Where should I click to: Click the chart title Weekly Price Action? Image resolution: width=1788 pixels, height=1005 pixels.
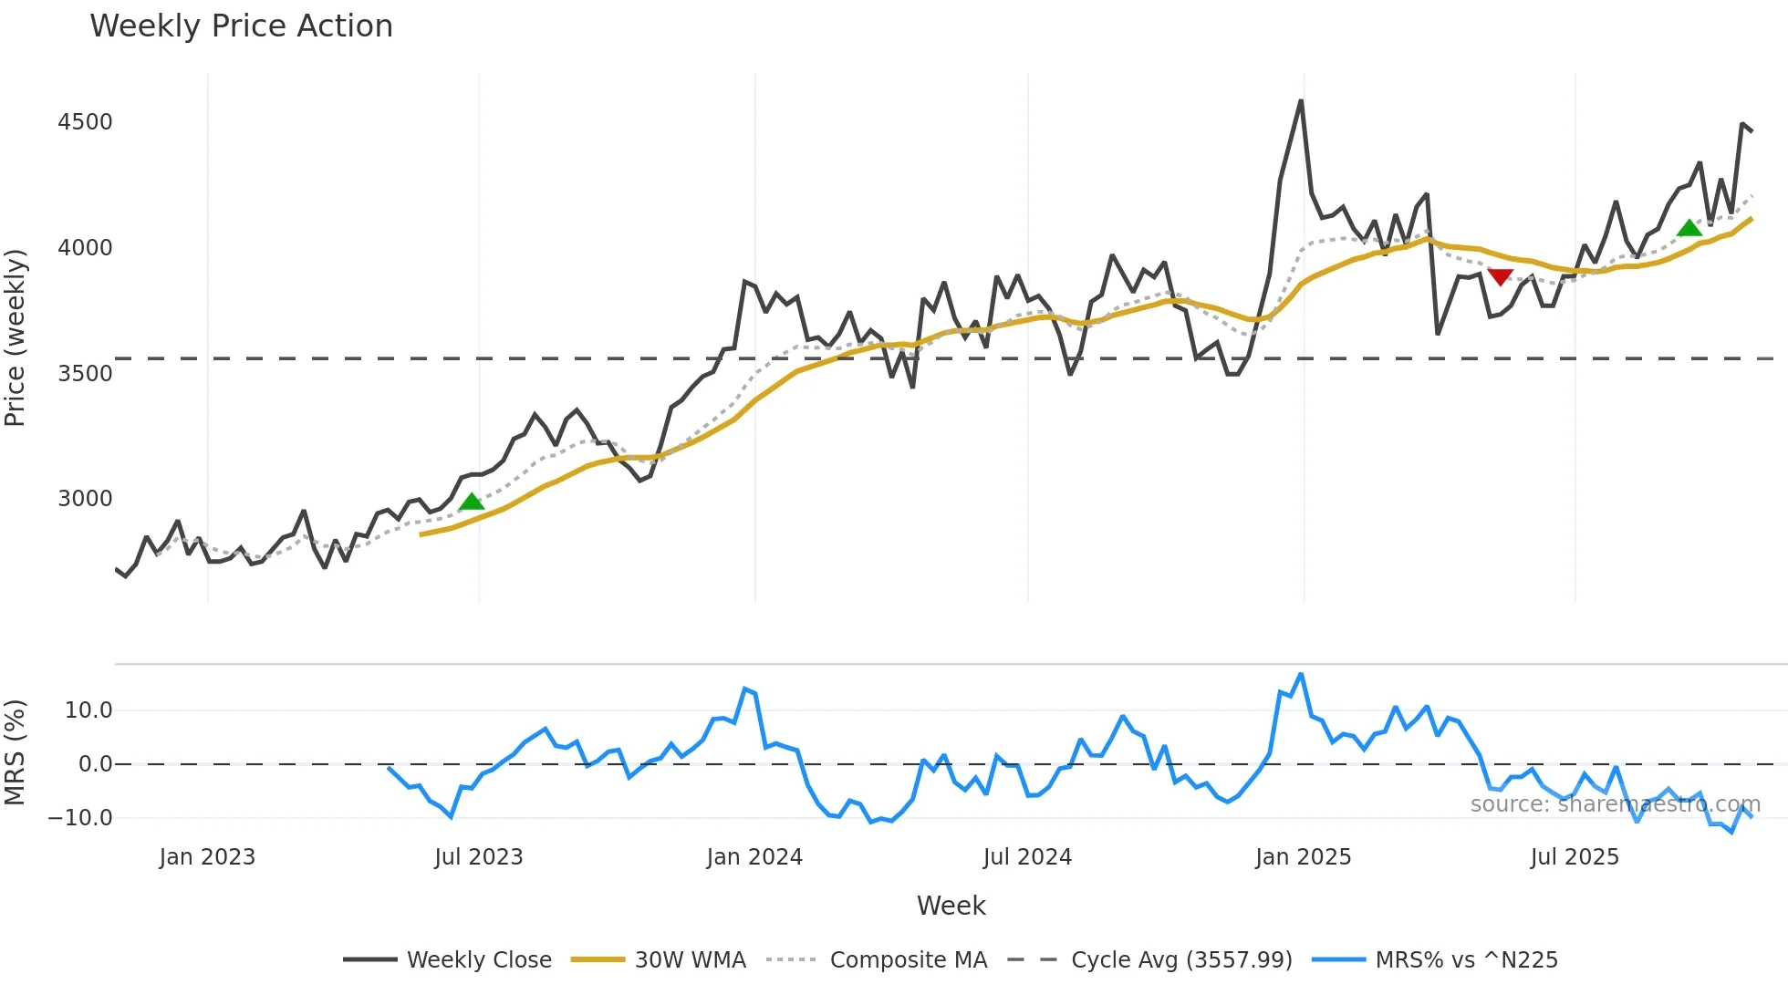coord(241,26)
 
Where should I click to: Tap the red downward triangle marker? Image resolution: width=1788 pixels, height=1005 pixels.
coord(1500,276)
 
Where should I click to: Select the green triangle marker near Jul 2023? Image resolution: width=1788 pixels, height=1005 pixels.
coord(472,502)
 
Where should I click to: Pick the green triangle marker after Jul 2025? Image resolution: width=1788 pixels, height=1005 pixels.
coord(1689,228)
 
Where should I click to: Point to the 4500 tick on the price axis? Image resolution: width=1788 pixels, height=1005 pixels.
coord(85,122)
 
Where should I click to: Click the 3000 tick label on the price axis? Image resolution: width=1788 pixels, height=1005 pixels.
coord(85,499)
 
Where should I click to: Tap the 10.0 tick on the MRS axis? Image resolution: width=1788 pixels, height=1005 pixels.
coord(88,710)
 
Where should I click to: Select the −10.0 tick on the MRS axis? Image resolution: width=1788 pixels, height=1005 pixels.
coord(80,818)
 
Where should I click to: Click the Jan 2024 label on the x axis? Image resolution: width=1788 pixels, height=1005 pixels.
coord(754,857)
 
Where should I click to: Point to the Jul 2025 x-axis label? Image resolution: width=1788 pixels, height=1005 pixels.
coord(1575,857)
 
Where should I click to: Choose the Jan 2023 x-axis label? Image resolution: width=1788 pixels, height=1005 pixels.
coord(207,857)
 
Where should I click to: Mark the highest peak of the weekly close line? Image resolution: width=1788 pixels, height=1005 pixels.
coord(1301,101)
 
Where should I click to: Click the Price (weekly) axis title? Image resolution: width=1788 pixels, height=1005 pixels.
coord(16,337)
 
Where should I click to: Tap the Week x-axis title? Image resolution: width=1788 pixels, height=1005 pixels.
coord(951,906)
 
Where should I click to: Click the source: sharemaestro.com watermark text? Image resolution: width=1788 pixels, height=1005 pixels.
coord(1615,804)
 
